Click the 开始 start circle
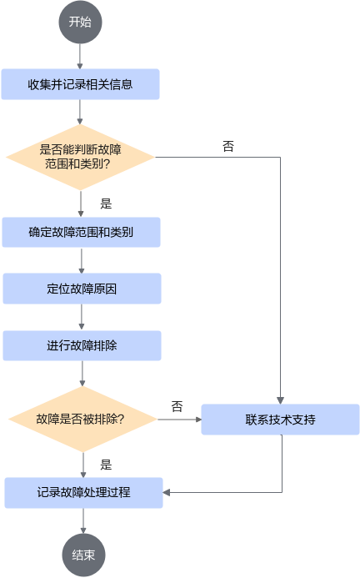click(80, 23)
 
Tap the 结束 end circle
click(83, 555)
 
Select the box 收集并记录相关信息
click(80, 84)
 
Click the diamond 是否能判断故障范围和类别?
click(80, 157)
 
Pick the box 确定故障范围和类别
click(81, 232)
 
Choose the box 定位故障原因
click(82, 289)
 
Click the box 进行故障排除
click(82, 345)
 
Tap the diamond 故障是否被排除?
click(82, 420)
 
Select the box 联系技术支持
click(280, 420)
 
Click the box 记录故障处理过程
click(83, 492)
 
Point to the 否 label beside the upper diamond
click(228, 146)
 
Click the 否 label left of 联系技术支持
click(177, 406)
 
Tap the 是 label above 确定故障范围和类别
click(106, 204)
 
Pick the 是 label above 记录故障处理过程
click(106, 465)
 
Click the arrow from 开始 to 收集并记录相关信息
click(80, 57)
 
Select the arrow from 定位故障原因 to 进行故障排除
click(82, 317)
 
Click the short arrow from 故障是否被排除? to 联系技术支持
click(179, 420)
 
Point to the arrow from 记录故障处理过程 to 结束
click(83, 520)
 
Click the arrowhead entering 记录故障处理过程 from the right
click(166, 492)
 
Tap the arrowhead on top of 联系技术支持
click(280, 400)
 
